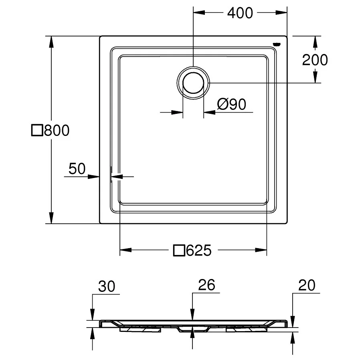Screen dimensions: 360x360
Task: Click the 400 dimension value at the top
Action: click(x=240, y=13)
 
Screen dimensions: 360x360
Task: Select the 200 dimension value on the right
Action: click(x=315, y=60)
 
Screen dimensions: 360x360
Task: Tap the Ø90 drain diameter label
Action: click(x=231, y=105)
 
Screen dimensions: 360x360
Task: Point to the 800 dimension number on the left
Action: click(x=57, y=130)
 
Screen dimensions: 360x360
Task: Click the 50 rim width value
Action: click(x=77, y=169)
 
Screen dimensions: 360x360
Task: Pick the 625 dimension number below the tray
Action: click(x=198, y=251)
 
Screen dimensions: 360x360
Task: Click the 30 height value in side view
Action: click(x=107, y=286)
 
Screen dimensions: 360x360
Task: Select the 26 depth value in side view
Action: click(x=206, y=285)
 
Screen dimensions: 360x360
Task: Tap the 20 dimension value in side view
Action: click(x=307, y=285)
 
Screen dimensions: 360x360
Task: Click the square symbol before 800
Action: click(x=37, y=130)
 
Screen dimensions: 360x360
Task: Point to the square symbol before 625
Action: click(x=179, y=251)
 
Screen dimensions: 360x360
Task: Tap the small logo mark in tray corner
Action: click(x=277, y=44)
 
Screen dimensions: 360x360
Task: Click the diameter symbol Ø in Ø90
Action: click(x=223, y=105)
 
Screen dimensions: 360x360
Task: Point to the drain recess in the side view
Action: click(x=193, y=328)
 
